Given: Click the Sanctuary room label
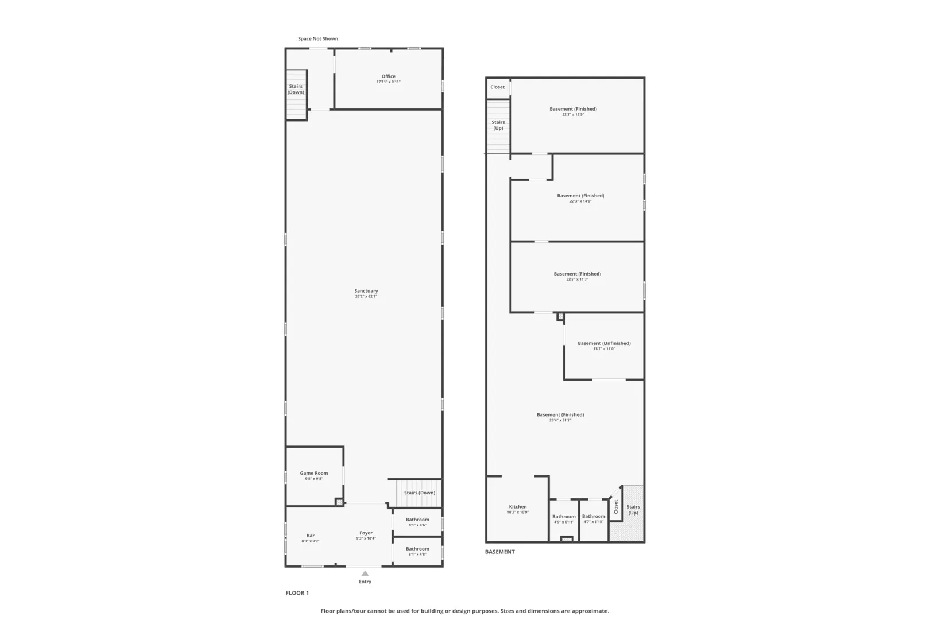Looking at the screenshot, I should tap(366, 291).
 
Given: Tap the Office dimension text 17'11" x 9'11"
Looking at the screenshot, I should tap(389, 82).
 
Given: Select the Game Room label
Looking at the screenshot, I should tap(314, 474).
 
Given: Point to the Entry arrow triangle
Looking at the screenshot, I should tap(365, 573).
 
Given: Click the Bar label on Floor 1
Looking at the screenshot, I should tap(311, 536).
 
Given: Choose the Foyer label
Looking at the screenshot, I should tap(366, 533).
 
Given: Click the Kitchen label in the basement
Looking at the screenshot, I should tap(518, 507).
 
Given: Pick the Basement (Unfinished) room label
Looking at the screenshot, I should tap(604, 343).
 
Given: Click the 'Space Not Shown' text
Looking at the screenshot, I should tap(318, 39).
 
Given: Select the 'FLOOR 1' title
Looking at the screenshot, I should tap(297, 593).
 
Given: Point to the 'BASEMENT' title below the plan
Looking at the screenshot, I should tap(500, 552).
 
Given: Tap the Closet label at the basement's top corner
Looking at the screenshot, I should tap(498, 87).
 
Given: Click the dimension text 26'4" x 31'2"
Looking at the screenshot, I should tap(560, 420).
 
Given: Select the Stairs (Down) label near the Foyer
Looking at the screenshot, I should tap(420, 493).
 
